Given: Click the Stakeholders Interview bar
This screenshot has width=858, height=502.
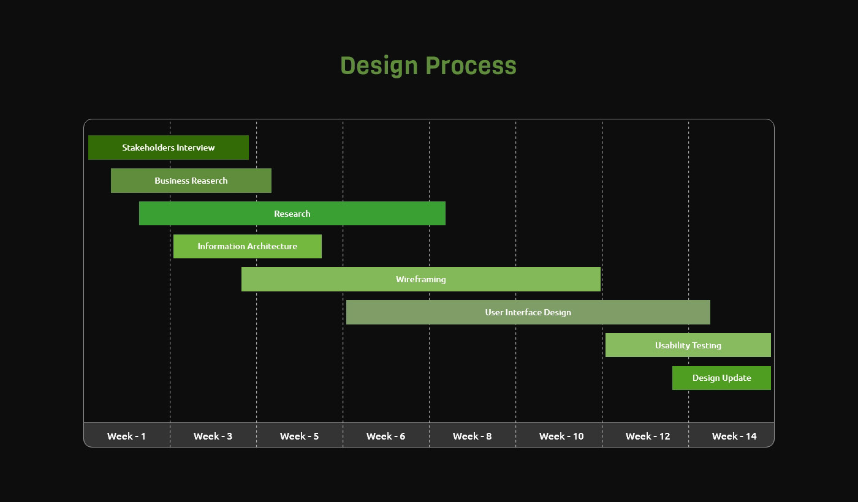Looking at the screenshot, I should tap(169, 148).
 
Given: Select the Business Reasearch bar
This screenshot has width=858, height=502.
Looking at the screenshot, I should tap(191, 181).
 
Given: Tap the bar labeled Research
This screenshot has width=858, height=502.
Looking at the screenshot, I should tap(292, 214).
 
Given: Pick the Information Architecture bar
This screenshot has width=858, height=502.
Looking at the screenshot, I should tap(248, 246).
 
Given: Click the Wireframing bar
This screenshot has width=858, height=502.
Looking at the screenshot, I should tap(421, 279).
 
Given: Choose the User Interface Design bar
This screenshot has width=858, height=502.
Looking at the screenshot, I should tap(528, 312).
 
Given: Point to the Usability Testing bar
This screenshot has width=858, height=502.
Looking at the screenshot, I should tap(688, 345).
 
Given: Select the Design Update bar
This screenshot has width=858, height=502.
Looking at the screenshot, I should tap(722, 378).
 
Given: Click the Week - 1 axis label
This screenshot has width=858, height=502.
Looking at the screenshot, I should tap(126, 436).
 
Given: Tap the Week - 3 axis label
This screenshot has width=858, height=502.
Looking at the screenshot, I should tap(213, 436).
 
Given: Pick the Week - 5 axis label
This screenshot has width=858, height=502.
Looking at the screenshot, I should tap(299, 436).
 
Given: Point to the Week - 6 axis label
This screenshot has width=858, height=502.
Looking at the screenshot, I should tap(385, 436).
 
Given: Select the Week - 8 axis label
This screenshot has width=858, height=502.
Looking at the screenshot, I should tap(472, 436).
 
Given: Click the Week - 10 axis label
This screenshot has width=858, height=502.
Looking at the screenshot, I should tap(561, 436).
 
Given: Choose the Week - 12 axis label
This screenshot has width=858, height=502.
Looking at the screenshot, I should tap(648, 436).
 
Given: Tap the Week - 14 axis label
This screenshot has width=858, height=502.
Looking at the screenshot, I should tap(734, 436).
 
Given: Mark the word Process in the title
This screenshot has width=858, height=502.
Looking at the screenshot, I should tap(471, 66).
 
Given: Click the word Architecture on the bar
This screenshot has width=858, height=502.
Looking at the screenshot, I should tap(270, 246).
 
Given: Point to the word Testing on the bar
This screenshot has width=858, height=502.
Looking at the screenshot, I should tap(707, 345).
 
